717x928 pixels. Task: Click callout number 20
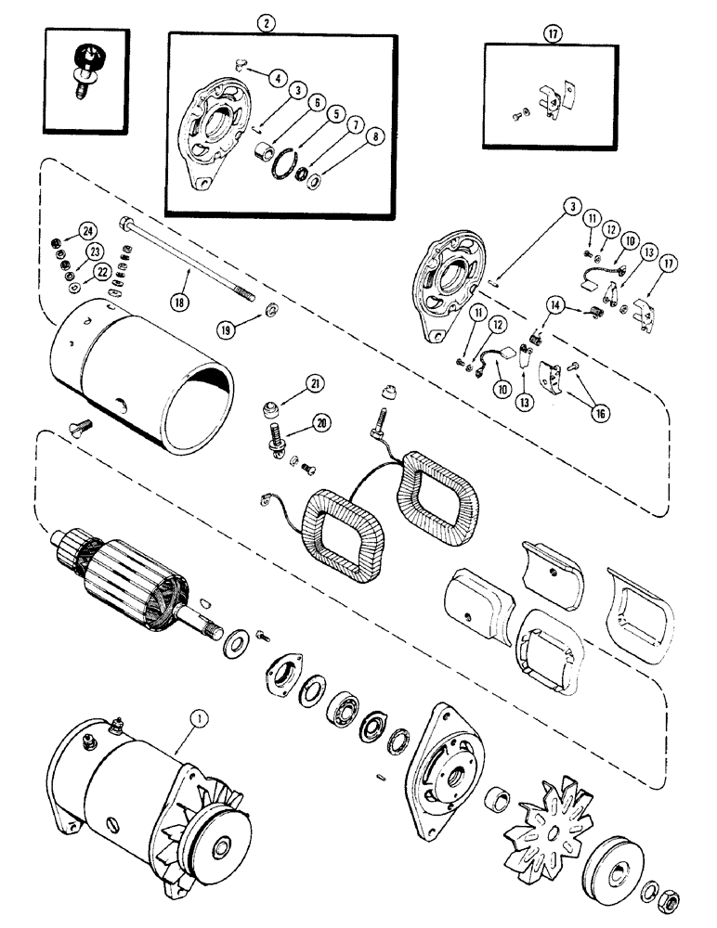(322, 422)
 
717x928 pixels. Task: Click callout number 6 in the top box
(317, 105)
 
